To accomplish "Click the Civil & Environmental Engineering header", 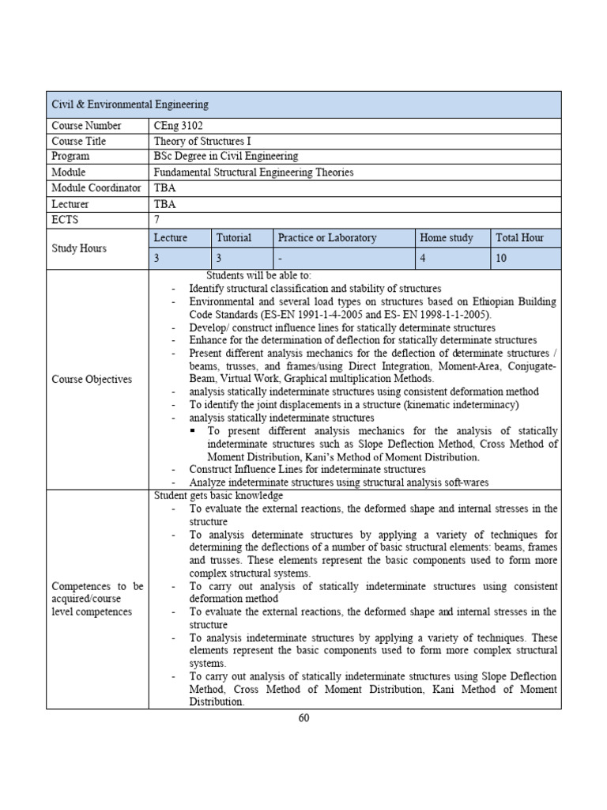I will [130, 104].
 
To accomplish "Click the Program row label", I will [72, 157].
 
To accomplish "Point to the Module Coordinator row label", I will [96, 187].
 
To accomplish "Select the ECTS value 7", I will [157, 218].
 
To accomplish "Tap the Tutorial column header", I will [234, 238].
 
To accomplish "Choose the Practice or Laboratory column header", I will [326, 238].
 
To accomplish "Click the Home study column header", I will [447, 238].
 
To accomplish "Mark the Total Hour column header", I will [519, 238].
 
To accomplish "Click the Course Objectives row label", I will [91, 380].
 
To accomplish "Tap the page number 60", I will [303, 718].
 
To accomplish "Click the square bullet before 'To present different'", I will [193, 431].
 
